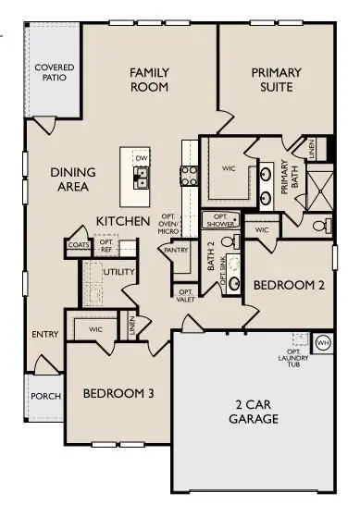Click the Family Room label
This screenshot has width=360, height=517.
(148, 80)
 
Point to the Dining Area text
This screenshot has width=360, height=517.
(69, 179)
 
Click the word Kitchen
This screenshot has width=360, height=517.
(124, 222)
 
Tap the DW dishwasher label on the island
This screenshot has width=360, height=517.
(142, 158)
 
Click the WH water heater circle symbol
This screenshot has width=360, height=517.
(323, 342)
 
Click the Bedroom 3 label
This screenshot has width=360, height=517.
(118, 394)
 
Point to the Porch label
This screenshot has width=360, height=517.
(45, 396)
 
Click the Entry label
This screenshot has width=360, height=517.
(44, 335)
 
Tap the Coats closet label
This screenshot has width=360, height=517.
(78, 245)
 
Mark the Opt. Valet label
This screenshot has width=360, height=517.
(184, 295)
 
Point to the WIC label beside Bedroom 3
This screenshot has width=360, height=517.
(95, 328)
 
